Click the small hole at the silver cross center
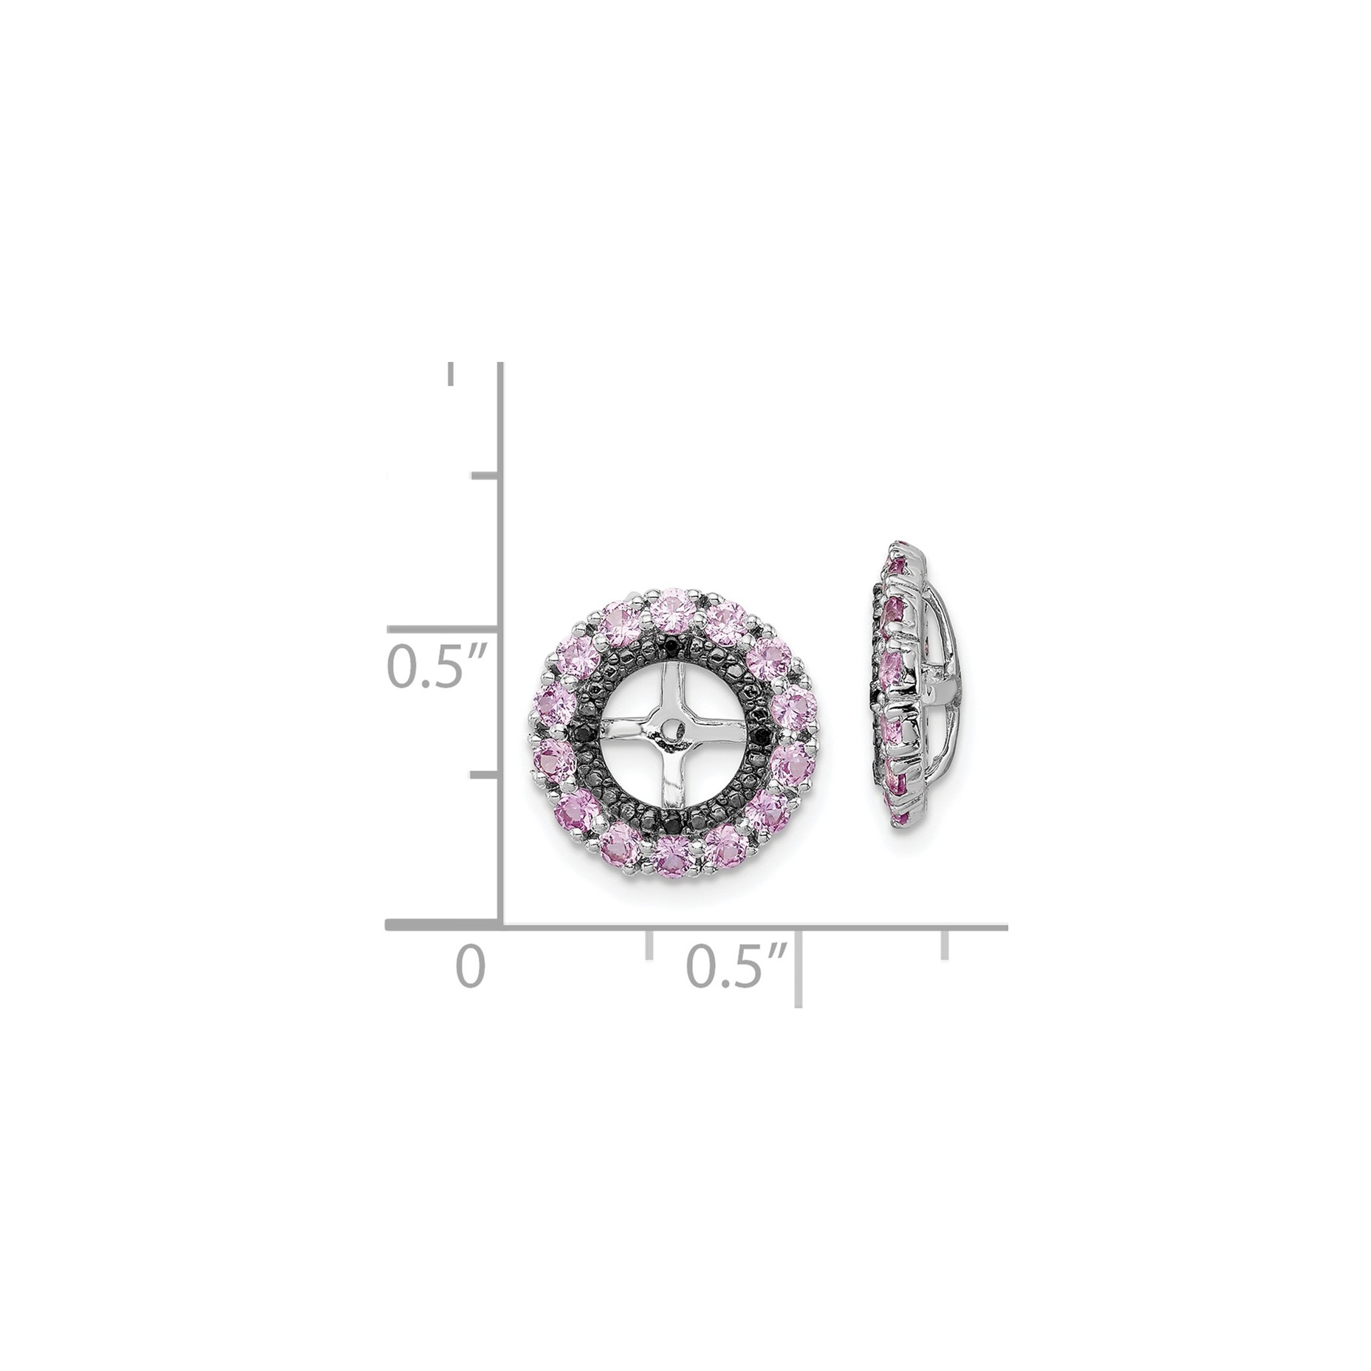671,730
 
